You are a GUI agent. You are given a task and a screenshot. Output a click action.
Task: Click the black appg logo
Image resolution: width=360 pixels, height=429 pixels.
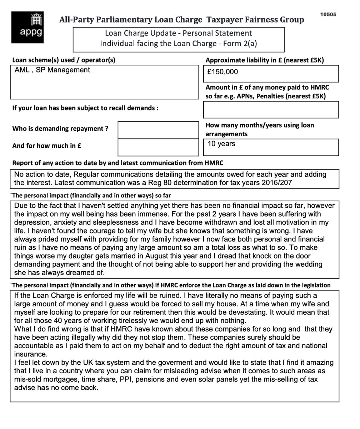click(x=27, y=27)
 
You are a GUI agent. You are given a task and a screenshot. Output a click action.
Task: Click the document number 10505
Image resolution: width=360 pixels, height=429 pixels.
click(x=328, y=14)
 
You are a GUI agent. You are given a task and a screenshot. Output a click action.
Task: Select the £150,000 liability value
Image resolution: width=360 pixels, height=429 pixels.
click(x=222, y=72)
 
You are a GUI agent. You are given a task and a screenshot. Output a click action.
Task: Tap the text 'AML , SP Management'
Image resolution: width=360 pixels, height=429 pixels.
click(x=52, y=70)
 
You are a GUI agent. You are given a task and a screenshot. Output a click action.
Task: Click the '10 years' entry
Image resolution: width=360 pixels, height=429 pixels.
click(x=221, y=144)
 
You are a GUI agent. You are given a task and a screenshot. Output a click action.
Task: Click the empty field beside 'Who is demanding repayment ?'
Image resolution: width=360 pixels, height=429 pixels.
click(x=158, y=129)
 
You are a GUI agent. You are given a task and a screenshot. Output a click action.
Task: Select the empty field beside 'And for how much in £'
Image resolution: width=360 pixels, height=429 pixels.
click(x=158, y=147)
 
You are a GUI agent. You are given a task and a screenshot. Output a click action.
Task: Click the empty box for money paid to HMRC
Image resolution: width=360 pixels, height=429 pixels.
click(x=271, y=109)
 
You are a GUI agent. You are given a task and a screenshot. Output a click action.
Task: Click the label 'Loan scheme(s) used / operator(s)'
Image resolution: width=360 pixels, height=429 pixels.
click(x=64, y=60)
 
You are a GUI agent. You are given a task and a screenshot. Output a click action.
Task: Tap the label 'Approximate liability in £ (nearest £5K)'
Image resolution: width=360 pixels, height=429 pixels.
click(x=264, y=60)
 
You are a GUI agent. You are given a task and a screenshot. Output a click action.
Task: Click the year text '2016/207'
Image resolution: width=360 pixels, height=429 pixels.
click(x=280, y=183)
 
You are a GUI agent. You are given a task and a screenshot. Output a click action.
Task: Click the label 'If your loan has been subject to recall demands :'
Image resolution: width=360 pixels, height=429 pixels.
click(x=85, y=108)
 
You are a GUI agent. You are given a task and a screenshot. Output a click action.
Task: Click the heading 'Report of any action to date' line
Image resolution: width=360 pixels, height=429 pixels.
click(x=117, y=163)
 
